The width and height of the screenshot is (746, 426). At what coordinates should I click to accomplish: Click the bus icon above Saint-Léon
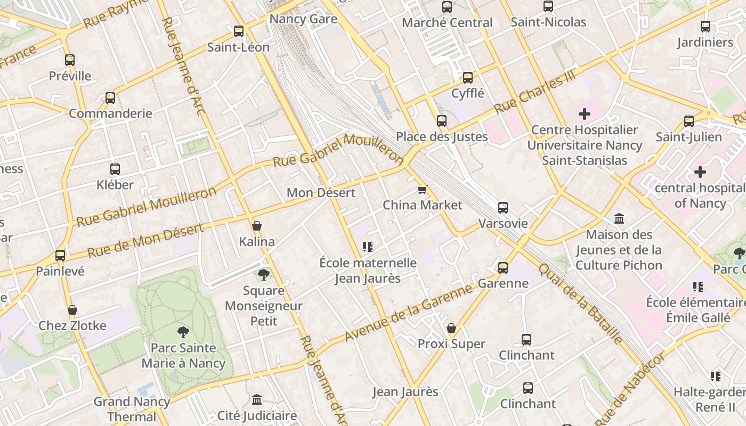click(x=239, y=31)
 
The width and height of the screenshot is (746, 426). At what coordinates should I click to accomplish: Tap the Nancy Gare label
click(x=303, y=19)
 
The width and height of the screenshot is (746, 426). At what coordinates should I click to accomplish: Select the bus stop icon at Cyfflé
click(x=468, y=78)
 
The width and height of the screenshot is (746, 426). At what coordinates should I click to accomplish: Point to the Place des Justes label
click(x=442, y=137)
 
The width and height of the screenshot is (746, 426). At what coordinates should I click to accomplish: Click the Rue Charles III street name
click(x=535, y=93)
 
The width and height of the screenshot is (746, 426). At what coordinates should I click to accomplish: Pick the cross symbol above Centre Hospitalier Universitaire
click(x=585, y=114)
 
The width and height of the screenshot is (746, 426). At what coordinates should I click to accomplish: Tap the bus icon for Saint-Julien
click(x=689, y=121)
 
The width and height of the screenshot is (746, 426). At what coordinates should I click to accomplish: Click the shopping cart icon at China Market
click(x=423, y=190)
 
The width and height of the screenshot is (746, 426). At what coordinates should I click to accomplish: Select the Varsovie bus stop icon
click(x=503, y=208)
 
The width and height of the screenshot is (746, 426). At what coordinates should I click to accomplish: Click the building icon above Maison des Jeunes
click(x=619, y=218)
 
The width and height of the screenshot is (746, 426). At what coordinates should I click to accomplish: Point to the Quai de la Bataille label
click(x=580, y=304)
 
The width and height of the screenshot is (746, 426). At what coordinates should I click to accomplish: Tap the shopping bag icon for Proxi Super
click(x=451, y=328)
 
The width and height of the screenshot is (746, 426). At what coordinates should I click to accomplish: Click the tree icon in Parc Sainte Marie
click(x=183, y=332)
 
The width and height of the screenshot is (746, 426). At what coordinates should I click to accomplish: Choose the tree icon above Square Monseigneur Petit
click(x=263, y=275)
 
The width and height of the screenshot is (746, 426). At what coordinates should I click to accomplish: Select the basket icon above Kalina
click(x=257, y=226)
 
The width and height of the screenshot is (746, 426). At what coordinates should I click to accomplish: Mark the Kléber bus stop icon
click(x=115, y=169)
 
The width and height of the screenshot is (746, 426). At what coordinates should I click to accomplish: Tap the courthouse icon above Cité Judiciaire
click(x=257, y=399)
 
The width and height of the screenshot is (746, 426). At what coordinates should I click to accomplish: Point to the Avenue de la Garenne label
click(x=409, y=313)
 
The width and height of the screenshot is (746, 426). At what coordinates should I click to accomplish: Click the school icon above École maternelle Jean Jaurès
click(x=367, y=247)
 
